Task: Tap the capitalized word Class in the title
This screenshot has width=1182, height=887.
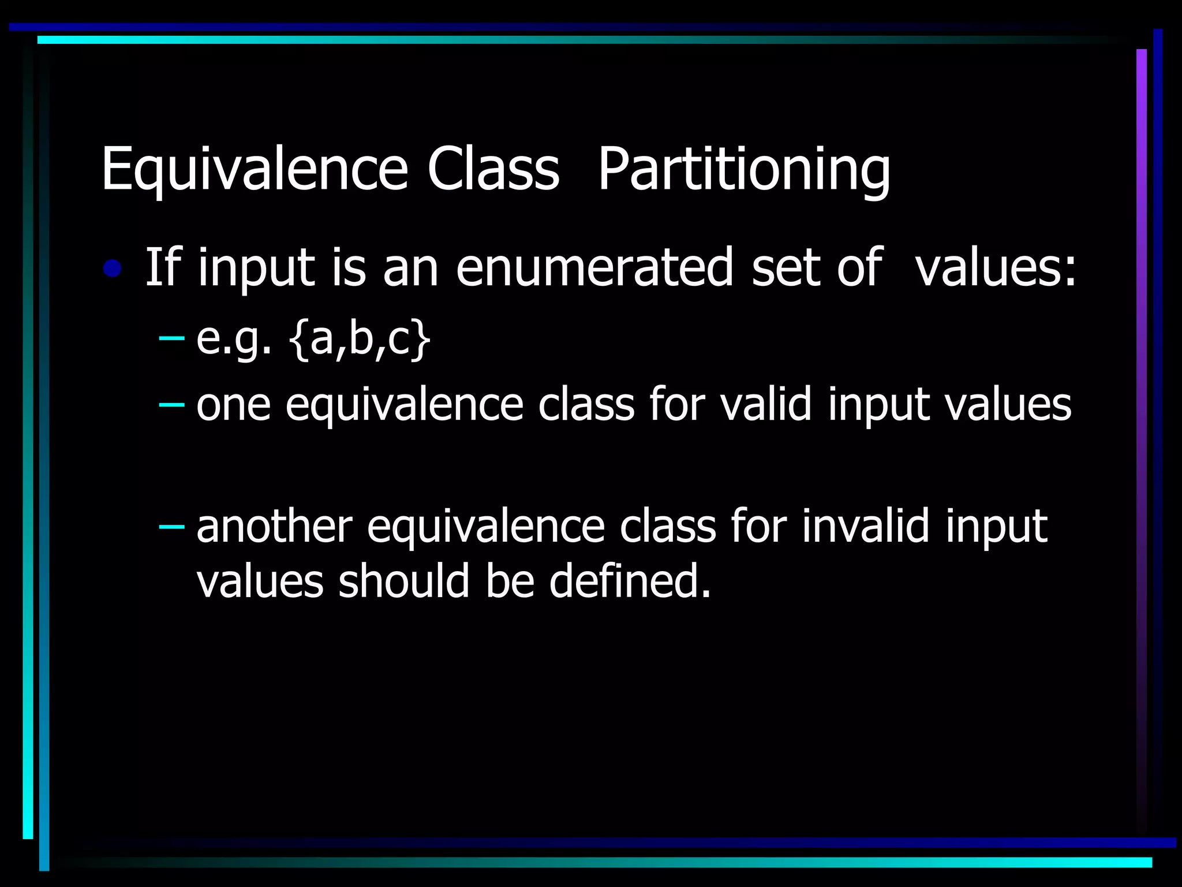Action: click(x=493, y=169)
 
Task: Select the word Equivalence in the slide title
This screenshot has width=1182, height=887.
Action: click(x=255, y=169)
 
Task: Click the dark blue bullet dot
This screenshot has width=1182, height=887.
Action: click(x=113, y=269)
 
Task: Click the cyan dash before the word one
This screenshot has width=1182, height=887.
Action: click(x=171, y=405)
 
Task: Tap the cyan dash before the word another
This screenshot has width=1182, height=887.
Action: click(x=171, y=526)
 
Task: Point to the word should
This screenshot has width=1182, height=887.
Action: click(x=404, y=581)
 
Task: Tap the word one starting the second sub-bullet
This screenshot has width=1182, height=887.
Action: click(x=233, y=405)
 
